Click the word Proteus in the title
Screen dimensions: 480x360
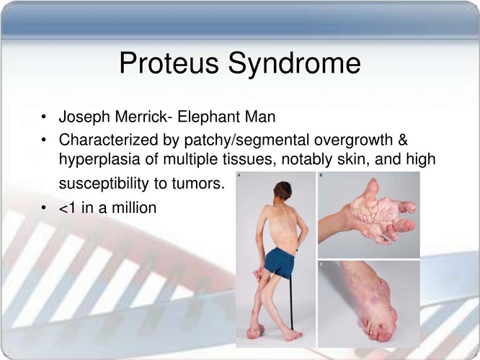[x=169, y=63]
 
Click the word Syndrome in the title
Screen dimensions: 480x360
[x=295, y=64]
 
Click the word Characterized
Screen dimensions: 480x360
[x=108, y=140]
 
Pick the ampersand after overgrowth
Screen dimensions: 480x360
[x=403, y=140]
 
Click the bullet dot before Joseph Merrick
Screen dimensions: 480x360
[x=44, y=117]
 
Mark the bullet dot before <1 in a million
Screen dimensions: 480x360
[x=44, y=208]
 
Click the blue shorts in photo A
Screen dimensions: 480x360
[x=280, y=261]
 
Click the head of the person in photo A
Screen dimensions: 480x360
[x=283, y=192]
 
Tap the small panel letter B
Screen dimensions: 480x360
[x=321, y=175]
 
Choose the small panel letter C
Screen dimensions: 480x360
[x=321, y=264]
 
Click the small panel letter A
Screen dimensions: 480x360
[x=239, y=175]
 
